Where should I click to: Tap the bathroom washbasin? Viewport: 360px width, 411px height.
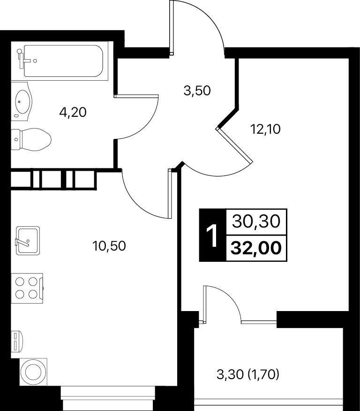pos(22,101)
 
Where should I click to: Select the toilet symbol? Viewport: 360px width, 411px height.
pos(31,139)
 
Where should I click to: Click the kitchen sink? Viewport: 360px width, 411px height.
pos(28,241)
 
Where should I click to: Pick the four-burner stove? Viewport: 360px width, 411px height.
pos(27,289)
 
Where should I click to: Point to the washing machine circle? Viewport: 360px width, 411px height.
pos(33,372)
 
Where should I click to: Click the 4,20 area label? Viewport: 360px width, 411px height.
pos(73,113)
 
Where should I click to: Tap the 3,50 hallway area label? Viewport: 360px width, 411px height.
pos(197,91)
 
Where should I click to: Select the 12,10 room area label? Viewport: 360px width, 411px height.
pos(265,129)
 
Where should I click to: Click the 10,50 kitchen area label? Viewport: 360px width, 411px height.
pos(109,246)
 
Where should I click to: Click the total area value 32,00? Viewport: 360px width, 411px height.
pos(256,248)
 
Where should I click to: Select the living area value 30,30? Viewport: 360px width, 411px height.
pos(256,222)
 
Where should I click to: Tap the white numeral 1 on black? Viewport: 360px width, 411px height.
pos(212,235)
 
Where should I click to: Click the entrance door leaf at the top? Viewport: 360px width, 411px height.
pos(172,28)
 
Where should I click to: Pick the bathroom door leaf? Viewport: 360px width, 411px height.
pos(136,96)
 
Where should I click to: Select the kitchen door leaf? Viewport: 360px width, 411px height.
pos(170,193)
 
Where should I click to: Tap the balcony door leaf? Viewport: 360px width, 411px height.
pos(205,304)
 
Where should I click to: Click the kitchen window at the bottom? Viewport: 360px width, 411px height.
pos(108,398)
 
